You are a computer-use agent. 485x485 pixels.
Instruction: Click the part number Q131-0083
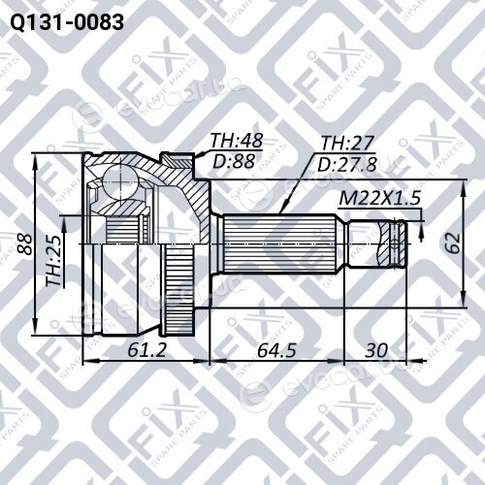67,22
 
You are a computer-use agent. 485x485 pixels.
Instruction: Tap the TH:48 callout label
237,141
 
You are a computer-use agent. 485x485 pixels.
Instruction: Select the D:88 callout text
234,161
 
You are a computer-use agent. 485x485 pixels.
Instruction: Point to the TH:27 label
347,143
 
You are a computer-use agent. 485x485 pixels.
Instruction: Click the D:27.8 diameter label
347,164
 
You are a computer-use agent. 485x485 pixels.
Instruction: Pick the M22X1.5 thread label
379,198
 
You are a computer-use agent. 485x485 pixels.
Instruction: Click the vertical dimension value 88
25,243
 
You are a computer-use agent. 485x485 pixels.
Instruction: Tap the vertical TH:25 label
53,261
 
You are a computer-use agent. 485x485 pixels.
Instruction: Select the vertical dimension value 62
452,242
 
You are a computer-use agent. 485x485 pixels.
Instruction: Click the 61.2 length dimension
146,350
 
